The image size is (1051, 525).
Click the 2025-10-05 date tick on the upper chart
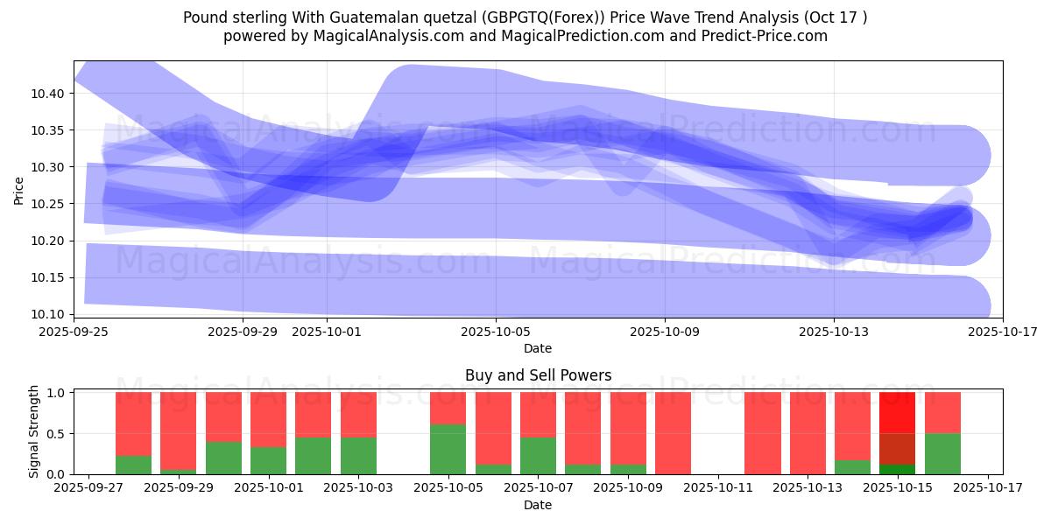pyautogui.click(x=496, y=332)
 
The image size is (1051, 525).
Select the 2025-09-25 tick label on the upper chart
pyautogui.click(x=74, y=332)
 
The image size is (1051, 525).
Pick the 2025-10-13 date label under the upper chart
pyautogui.click(x=834, y=332)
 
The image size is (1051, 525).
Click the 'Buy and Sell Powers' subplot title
pyautogui.click(x=538, y=375)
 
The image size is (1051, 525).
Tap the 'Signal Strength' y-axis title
pyautogui.click(x=34, y=432)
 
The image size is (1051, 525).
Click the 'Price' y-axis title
pyautogui.click(x=19, y=189)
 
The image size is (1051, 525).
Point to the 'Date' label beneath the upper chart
pyautogui.click(x=538, y=348)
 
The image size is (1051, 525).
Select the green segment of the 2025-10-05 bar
pyautogui.click(x=448, y=449)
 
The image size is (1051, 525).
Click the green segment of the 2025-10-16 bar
pyautogui.click(x=942, y=453)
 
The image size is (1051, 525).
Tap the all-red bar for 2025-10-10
pyautogui.click(x=673, y=433)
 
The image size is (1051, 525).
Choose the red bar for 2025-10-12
pyautogui.click(x=763, y=433)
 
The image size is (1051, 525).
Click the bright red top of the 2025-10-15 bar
pyautogui.click(x=897, y=412)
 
